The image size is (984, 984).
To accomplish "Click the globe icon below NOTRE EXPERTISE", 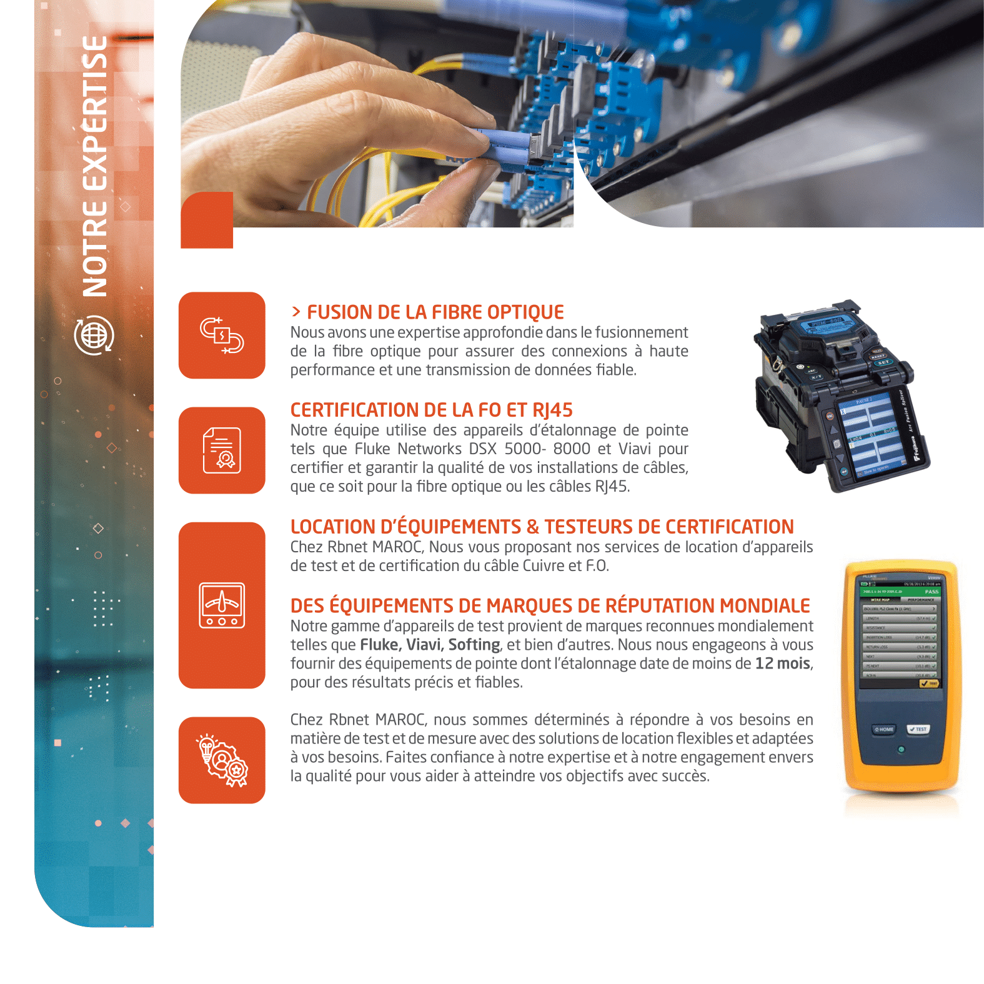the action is coord(94,335).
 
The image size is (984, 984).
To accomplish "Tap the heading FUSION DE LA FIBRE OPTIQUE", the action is coord(435,312).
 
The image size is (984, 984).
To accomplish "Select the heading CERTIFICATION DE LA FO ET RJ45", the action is coord(432,410).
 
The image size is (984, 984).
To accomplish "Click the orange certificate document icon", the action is coord(222,450).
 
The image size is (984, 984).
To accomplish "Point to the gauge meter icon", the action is coord(222,605).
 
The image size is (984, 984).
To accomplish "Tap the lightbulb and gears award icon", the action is coord(222,760).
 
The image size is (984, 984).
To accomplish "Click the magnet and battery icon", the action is coord(222,335).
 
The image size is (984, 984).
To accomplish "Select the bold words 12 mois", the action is coord(783,663).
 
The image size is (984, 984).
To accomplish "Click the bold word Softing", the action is coord(474,645).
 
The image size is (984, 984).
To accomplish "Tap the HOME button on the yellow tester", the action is coord(884,729).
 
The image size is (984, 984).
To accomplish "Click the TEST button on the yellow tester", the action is coord(918,729).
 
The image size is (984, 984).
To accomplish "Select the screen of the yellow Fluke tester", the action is coord(900,631).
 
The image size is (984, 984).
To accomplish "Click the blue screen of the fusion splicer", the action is coord(872,434).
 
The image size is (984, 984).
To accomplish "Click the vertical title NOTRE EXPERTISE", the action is coord(95,166).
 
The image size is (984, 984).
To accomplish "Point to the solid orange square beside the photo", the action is coord(207,220).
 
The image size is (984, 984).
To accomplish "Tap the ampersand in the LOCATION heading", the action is coord(533,527).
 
